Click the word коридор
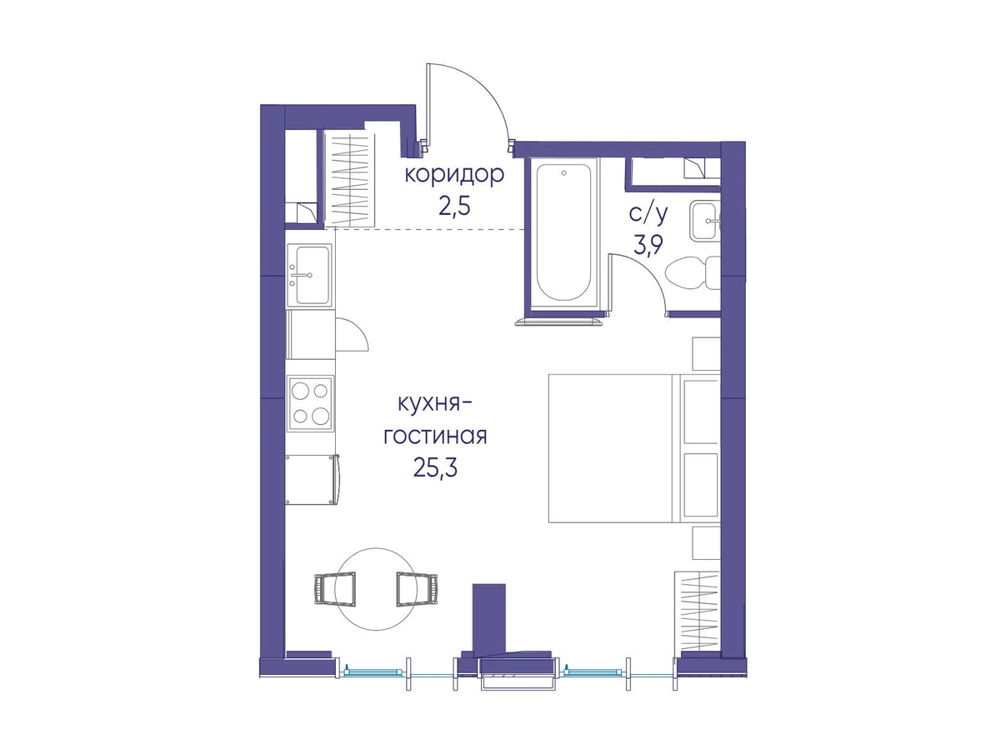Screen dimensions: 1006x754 (454, 176)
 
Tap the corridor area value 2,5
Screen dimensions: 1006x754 (454, 207)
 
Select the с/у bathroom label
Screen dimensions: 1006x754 (648, 214)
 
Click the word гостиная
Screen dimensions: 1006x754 (435, 436)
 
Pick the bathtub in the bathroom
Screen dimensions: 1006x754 (563, 232)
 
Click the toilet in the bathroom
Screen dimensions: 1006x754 (692, 273)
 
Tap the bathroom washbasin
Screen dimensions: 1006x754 (705, 222)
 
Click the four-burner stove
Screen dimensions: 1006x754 (310, 403)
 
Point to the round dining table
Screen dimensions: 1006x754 (376, 589)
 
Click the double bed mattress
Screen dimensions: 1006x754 (611, 448)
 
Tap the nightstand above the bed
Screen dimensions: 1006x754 (706, 353)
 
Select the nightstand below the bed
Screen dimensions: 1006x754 (706, 543)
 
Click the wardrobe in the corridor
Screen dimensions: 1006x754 (350, 179)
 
